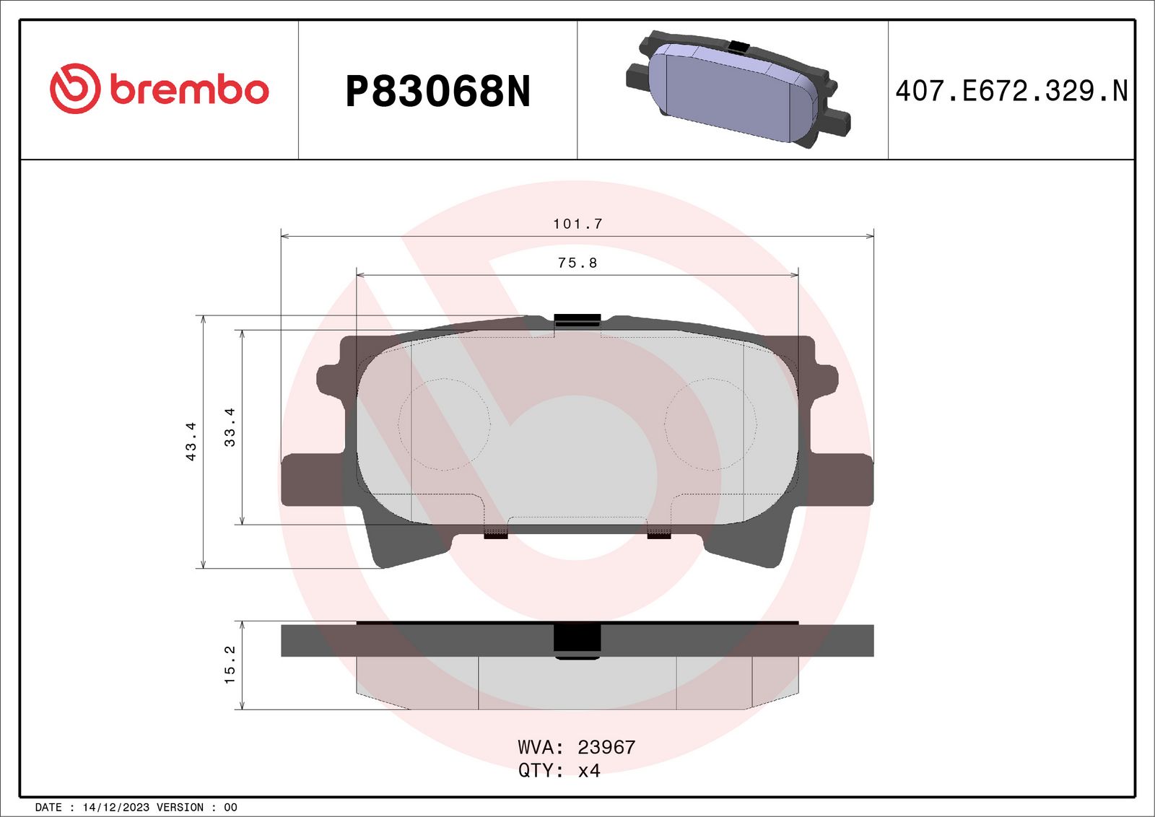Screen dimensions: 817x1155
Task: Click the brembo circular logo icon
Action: click(x=74, y=89)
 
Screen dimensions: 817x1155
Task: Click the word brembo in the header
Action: click(x=189, y=89)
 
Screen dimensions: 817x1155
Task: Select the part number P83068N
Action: click(x=437, y=92)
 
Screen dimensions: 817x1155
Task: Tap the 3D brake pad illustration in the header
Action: click(x=736, y=89)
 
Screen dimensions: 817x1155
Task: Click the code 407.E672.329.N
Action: click(x=1011, y=91)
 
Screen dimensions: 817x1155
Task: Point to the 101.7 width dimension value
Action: click(x=577, y=224)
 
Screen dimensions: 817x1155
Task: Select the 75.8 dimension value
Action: click(x=577, y=263)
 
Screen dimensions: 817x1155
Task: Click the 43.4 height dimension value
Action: click(x=191, y=441)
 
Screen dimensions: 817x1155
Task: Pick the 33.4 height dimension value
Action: click(x=230, y=427)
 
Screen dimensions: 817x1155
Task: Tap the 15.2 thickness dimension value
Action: click(x=230, y=665)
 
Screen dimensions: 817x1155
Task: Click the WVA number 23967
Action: click(x=606, y=747)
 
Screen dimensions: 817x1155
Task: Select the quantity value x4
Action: click(x=589, y=771)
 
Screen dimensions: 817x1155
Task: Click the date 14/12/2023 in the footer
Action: click(x=115, y=808)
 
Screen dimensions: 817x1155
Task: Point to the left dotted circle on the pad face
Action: click(x=444, y=424)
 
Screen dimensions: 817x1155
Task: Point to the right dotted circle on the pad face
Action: click(x=710, y=424)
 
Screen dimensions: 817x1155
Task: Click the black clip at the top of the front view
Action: click(x=577, y=320)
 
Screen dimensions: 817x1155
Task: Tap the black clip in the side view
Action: click(x=577, y=641)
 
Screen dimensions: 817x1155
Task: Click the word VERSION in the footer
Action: click(x=180, y=808)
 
